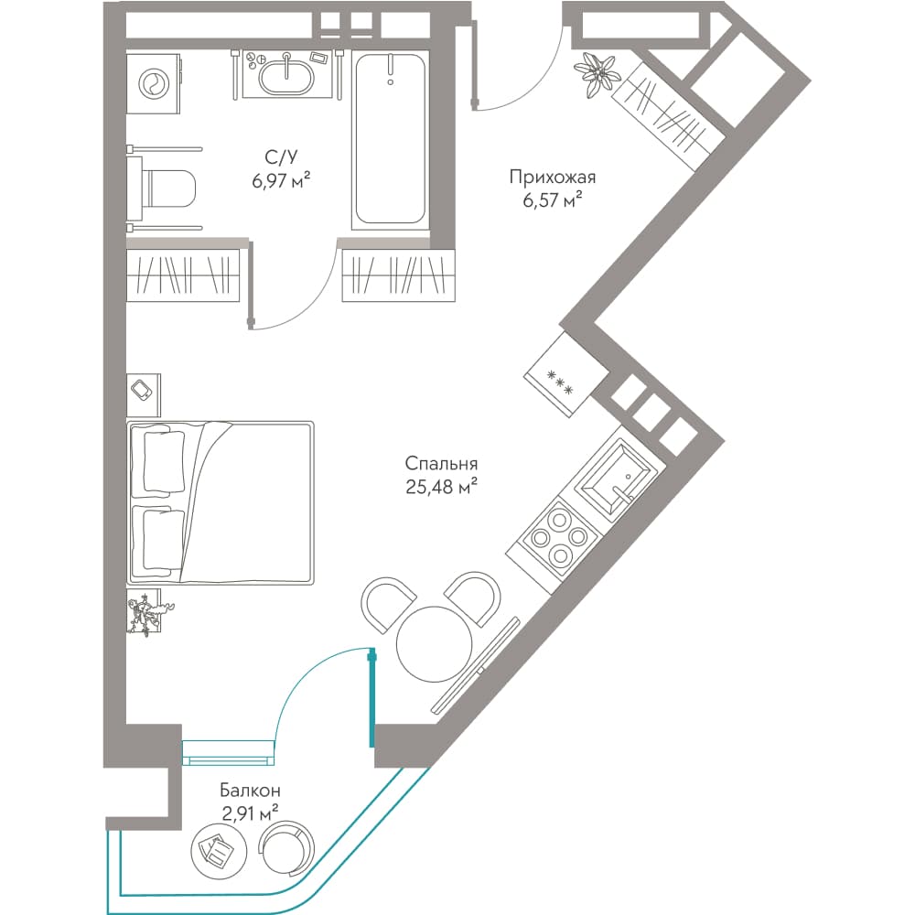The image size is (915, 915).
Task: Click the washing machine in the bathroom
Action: (x=154, y=84)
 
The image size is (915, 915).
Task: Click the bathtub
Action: (x=390, y=139)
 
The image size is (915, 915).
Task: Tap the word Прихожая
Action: (x=552, y=177)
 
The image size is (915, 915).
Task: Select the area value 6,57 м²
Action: (x=552, y=201)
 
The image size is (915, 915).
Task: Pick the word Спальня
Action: (x=441, y=464)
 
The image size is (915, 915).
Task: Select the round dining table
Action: (x=434, y=644)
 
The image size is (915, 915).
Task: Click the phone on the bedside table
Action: (x=143, y=389)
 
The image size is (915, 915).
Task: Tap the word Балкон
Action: (x=250, y=791)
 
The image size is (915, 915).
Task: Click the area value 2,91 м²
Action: (x=250, y=813)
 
